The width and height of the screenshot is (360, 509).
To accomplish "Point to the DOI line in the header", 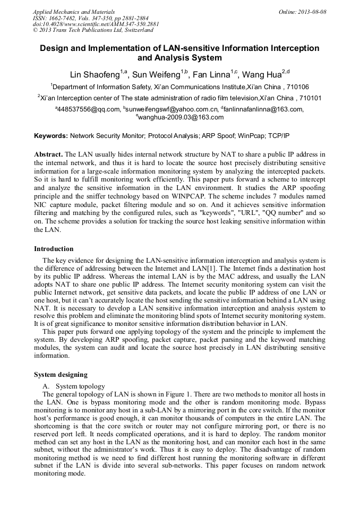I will click(x=96, y=24).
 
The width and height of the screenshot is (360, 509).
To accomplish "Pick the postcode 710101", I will click(x=308, y=98).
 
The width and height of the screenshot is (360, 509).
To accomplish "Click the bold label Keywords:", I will click(x=51, y=136).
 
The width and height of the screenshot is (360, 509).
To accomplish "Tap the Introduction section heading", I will click(x=54, y=249).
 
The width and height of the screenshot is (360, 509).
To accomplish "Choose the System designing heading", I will click(x=61, y=375).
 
